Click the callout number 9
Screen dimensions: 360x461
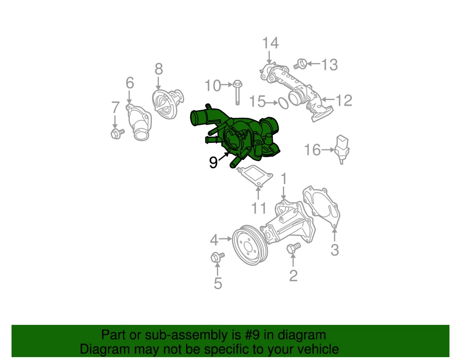point(213,163)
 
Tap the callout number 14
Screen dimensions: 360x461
point(270,43)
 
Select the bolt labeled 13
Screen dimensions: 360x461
point(302,63)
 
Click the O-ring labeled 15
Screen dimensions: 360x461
point(283,102)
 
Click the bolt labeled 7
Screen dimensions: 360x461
point(116,133)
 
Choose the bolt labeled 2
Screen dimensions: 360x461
point(292,248)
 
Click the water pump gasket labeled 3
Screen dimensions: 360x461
point(321,208)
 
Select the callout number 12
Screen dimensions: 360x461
point(344,100)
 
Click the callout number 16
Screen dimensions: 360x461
point(312,150)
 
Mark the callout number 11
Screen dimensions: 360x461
point(259,208)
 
